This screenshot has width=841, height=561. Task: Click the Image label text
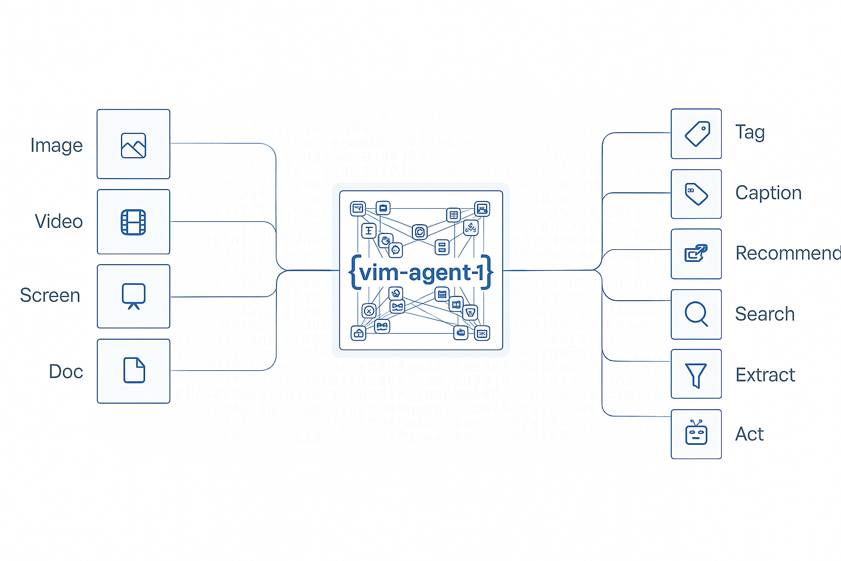point(56,145)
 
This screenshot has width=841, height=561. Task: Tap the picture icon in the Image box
point(134,145)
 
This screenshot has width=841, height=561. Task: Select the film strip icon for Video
point(134,222)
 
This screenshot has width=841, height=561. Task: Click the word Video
point(59,221)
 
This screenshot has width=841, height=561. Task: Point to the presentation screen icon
point(134,296)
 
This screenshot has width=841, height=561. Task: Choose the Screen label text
point(50,295)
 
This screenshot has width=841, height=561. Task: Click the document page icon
point(134,370)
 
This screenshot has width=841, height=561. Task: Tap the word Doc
point(66,371)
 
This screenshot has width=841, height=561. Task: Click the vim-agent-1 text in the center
point(421,272)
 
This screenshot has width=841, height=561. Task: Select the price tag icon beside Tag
point(697,134)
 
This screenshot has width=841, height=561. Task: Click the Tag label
point(750,133)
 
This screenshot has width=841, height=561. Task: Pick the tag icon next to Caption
point(696,194)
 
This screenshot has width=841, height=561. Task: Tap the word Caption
point(768,193)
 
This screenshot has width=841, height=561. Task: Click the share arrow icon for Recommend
point(696,253)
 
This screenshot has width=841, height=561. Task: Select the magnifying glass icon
point(696,314)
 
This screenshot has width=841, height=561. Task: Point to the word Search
point(764,314)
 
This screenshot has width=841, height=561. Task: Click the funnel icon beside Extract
point(696,375)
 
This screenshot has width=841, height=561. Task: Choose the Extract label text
point(765,375)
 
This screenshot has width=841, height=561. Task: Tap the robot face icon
point(696,433)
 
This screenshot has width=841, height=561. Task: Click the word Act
point(749,434)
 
